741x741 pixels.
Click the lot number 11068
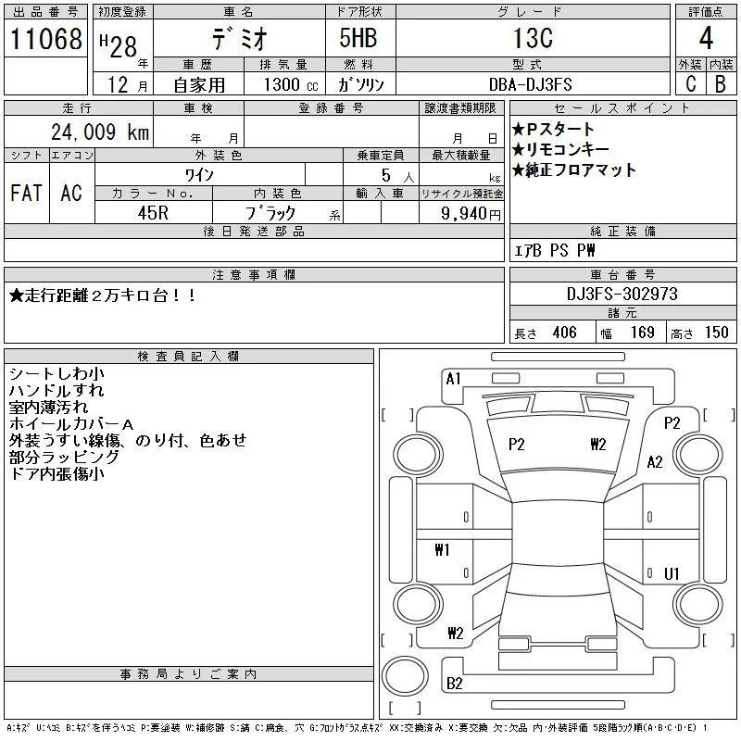pyautogui.click(x=45, y=39)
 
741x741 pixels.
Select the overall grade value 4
pyautogui.click(x=706, y=38)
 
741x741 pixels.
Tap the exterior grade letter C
pyautogui.click(x=691, y=83)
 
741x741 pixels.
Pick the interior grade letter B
pyautogui.click(x=721, y=83)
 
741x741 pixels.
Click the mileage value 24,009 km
pyautogui.click(x=100, y=132)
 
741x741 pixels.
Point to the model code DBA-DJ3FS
pyautogui.click(x=530, y=84)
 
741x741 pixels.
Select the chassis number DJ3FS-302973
pyautogui.click(x=622, y=294)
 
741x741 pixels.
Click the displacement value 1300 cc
pyautogui.click(x=291, y=84)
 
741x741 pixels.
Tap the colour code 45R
pyautogui.click(x=153, y=213)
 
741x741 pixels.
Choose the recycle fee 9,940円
pyautogui.click(x=471, y=214)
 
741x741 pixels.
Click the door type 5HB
pyautogui.click(x=358, y=38)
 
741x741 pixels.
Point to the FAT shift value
pyautogui.click(x=26, y=193)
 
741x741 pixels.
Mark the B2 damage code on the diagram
pyautogui.click(x=454, y=684)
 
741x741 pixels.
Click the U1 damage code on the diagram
pyautogui.click(x=672, y=573)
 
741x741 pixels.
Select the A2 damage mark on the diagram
pyautogui.click(x=655, y=461)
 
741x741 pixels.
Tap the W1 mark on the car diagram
pyautogui.click(x=442, y=549)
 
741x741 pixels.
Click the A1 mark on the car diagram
pyautogui.click(x=453, y=379)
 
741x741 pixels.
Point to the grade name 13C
pyautogui.click(x=534, y=38)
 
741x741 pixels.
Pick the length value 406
pyautogui.click(x=564, y=333)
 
